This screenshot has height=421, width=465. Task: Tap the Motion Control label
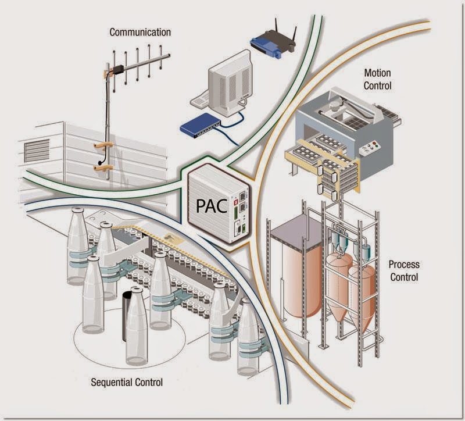(x=377, y=80)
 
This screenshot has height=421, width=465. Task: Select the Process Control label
(x=403, y=270)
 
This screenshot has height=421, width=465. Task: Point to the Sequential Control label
(x=127, y=382)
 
